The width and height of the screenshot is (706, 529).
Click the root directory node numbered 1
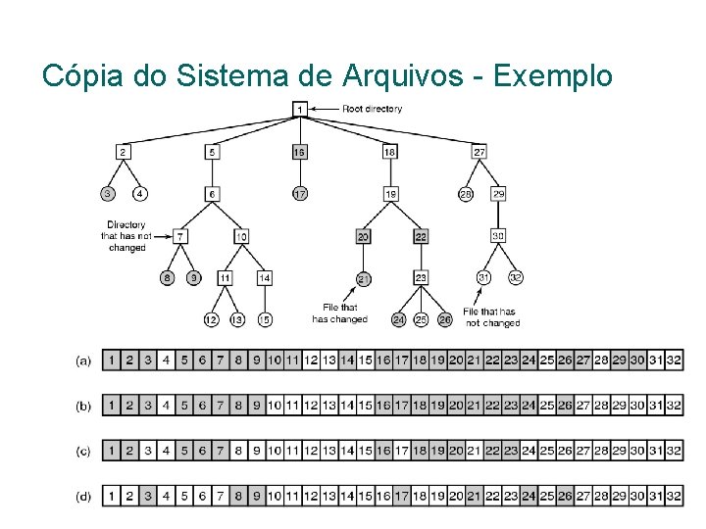(x=300, y=109)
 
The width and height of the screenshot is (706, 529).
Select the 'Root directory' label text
(x=371, y=109)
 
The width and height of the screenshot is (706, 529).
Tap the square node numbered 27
(x=479, y=152)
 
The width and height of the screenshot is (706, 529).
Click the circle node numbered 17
(x=300, y=194)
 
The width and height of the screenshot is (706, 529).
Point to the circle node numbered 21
(x=364, y=278)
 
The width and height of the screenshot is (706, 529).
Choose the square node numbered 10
(x=241, y=236)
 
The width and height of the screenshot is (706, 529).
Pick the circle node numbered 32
(x=516, y=277)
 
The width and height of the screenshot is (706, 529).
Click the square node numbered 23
(x=421, y=278)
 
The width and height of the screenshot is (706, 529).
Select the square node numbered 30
(x=498, y=236)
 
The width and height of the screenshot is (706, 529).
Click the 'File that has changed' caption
(x=339, y=313)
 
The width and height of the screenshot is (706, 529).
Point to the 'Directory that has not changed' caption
(x=126, y=236)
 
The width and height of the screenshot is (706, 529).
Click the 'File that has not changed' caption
(x=492, y=317)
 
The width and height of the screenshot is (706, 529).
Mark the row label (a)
(x=84, y=361)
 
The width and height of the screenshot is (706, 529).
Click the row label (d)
(x=84, y=497)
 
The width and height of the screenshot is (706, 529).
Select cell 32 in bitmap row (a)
(x=674, y=361)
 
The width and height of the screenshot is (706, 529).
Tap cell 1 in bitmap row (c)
(x=112, y=451)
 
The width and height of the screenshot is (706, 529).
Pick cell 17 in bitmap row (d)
(x=401, y=497)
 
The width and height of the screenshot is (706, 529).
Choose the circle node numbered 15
(x=265, y=319)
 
